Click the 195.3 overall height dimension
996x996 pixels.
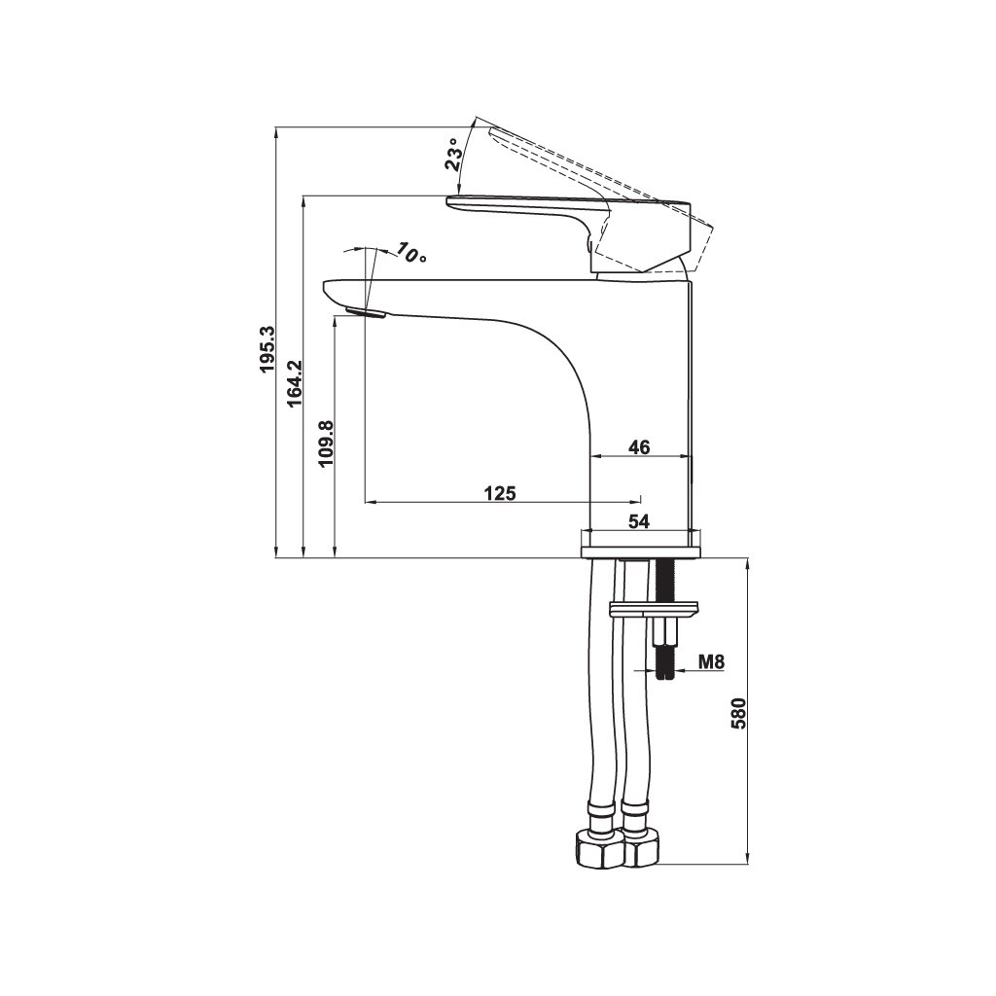pyautogui.click(x=267, y=349)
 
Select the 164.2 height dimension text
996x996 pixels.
pyautogui.click(x=294, y=383)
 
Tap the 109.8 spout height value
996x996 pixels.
pyautogui.click(x=326, y=444)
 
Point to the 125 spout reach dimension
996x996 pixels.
pyautogui.click(x=501, y=493)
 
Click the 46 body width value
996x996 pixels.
pyautogui.click(x=640, y=447)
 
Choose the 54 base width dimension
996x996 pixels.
pyautogui.click(x=640, y=521)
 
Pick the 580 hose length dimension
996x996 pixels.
pyautogui.click(x=737, y=713)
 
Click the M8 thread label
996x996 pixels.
pyautogui.click(x=711, y=661)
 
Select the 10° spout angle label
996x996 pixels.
pyautogui.click(x=411, y=253)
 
